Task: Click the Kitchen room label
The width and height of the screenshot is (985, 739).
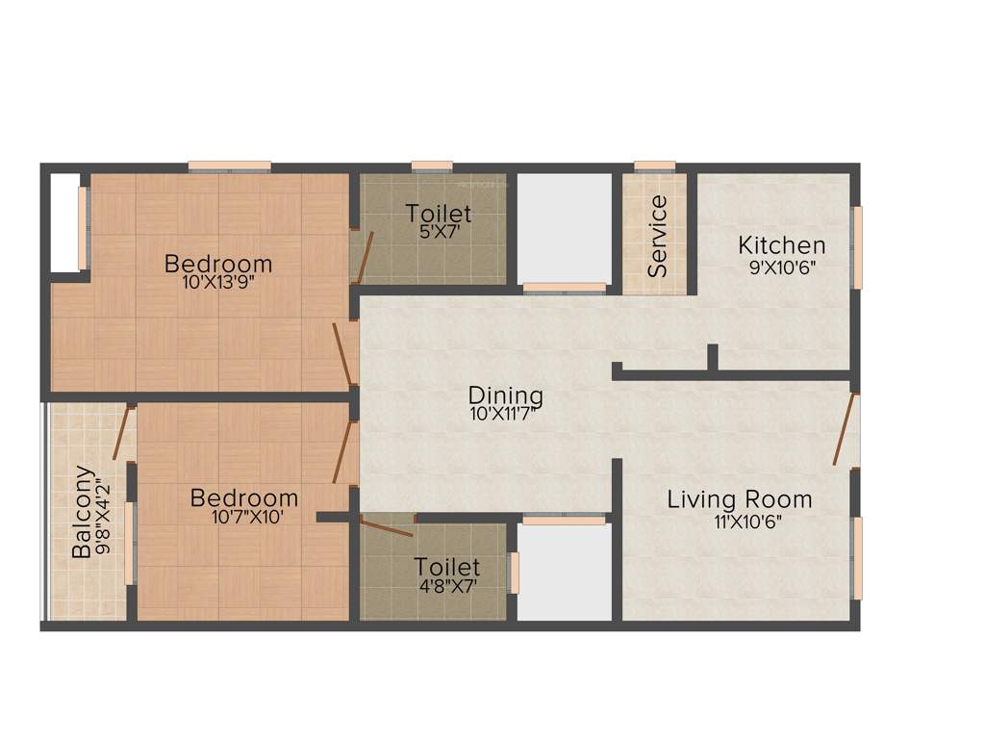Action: click(x=782, y=244)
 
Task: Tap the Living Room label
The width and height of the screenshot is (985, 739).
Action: click(x=740, y=499)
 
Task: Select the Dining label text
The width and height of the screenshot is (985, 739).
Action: click(x=506, y=395)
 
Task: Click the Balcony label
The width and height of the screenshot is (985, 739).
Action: click(x=84, y=512)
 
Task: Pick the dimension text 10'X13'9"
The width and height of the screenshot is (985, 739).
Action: click(x=218, y=283)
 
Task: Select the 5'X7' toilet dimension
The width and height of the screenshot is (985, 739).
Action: click(x=439, y=232)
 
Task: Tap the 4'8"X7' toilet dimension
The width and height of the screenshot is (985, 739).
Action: click(x=446, y=584)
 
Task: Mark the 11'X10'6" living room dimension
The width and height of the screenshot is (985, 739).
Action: click(x=740, y=522)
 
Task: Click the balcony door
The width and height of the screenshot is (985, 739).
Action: click(x=122, y=433)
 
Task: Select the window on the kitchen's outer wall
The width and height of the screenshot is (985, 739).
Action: click(x=858, y=247)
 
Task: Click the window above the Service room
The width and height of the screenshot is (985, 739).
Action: click(x=654, y=166)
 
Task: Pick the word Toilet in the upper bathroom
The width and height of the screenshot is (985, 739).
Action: click(x=439, y=213)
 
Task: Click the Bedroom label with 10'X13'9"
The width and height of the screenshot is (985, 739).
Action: click(x=218, y=263)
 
